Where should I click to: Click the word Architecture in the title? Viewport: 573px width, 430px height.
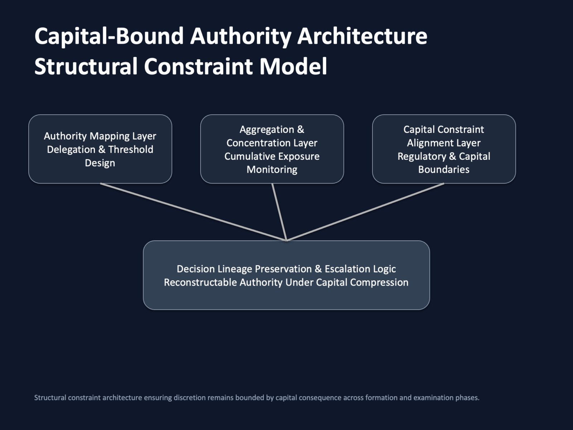point(362,36)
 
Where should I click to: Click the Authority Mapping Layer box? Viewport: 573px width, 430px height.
point(100,149)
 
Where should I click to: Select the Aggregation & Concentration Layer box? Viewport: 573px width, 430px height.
point(272,149)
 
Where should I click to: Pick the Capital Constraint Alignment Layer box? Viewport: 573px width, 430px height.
point(444,149)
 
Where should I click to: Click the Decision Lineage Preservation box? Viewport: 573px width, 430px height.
point(286,275)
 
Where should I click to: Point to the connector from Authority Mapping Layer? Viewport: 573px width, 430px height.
point(193,212)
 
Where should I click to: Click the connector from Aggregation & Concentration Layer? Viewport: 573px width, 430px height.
point(279,212)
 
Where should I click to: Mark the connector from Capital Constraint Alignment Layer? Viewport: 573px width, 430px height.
point(365,212)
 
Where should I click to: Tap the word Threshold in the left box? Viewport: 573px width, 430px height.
point(131,149)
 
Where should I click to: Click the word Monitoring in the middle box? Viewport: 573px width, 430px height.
point(272,170)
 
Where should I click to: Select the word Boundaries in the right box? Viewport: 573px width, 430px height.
point(444,169)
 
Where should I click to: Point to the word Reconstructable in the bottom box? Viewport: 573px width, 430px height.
point(201,282)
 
